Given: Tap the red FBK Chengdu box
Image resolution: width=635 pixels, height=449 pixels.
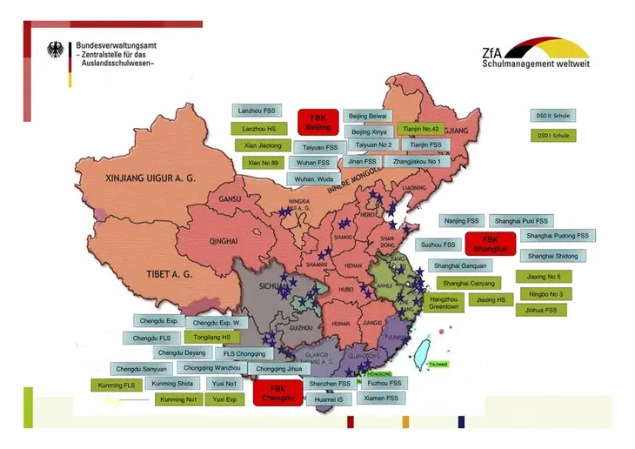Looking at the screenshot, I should [277, 392].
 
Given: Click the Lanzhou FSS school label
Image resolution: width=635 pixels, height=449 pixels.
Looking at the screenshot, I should [257, 111].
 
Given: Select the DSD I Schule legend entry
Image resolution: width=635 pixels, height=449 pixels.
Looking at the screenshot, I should [552, 136].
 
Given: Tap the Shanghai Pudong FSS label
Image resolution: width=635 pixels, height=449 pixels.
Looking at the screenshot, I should [557, 236].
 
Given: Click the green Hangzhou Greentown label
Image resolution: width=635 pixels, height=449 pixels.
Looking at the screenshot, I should [444, 303].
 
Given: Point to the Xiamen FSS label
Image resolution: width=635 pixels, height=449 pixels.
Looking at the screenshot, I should [381, 398].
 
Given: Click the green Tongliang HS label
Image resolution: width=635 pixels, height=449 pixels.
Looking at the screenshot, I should [212, 337].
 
